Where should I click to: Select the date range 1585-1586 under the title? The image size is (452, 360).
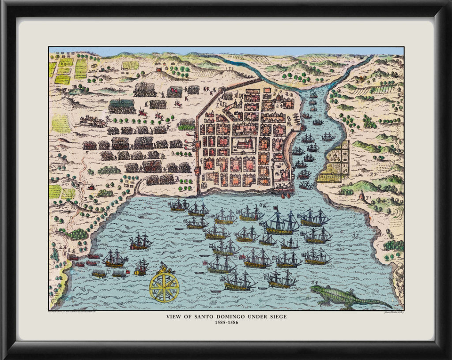click(x=226, y=323)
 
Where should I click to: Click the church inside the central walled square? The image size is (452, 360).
click(x=244, y=144)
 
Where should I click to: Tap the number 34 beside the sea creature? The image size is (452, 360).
click(x=314, y=282)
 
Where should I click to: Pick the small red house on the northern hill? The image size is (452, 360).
click(x=158, y=69)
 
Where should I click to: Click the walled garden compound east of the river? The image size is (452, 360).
click(x=337, y=161)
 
